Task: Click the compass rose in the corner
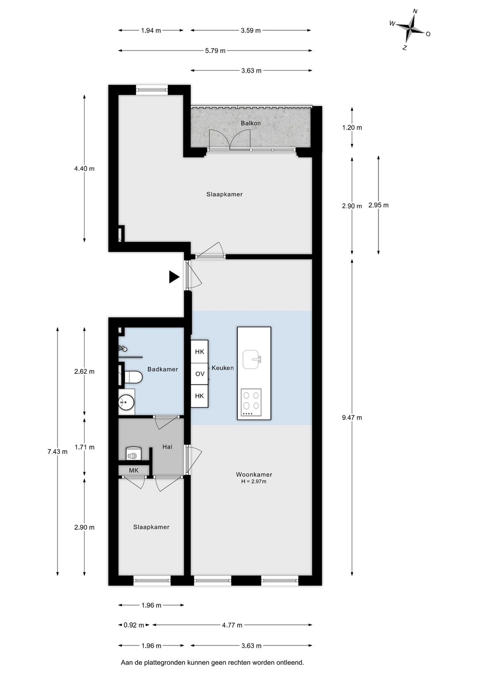click(411, 29)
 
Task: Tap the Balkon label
click(251, 123)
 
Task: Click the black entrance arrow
click(174, 277)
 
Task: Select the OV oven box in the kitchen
click(200, 374)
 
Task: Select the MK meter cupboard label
click(134, 470)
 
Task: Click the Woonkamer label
click(254, 474)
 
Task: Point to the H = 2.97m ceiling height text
click(254, 482)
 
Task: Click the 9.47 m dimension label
click(352, 418)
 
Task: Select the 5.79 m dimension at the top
click(215, 51)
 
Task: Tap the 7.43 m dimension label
click(58, 452)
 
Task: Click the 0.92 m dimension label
click(134, 625)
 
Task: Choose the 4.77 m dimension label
click(232, 625)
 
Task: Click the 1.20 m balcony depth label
click(352, 127)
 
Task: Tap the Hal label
click(167, 447)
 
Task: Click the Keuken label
click(223, 368)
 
